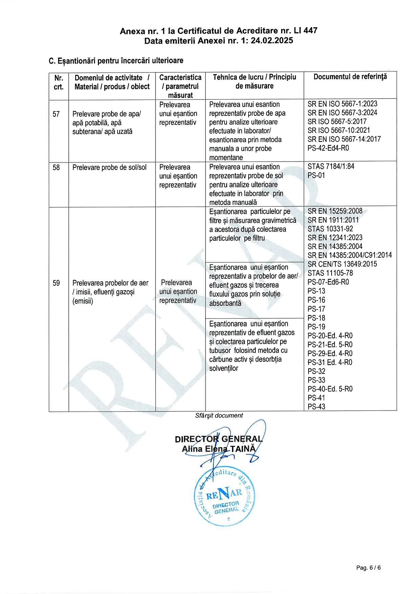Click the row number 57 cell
pyautogui.click(x=56, y=114)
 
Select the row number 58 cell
pyautogui.click(x=56, y=167)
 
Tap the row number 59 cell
pyautogui.click(x=56, y=283)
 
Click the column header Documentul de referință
pyautogui.click(x=350, y=77)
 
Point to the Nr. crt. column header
pyautogui.click(x=59, y=82)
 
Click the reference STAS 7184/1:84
pyautogui.click(x=331, y=166)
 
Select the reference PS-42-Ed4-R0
pyautogui.click(x=328, y=148)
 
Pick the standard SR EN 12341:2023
pyautogui.click(x=335, y=237)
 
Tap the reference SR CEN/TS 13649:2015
pyautogui.click(x=342, y=264)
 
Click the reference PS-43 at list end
pyautogui.click(x=316, y=406)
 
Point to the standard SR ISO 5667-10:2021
pyautogui.click(x=339, y=130)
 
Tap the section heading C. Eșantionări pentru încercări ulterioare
pyautogui.click(x=116, y=61)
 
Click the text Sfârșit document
pyautogui.click(x=219, y=416)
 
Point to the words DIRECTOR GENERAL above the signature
pyautogui.click(x=218, y=439)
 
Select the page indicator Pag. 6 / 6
pyautogui.click(x=368, y=568)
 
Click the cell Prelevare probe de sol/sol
pyautogui.click(x=109, y=167)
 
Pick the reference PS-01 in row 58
pyautogui.click(x=316, y=175)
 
